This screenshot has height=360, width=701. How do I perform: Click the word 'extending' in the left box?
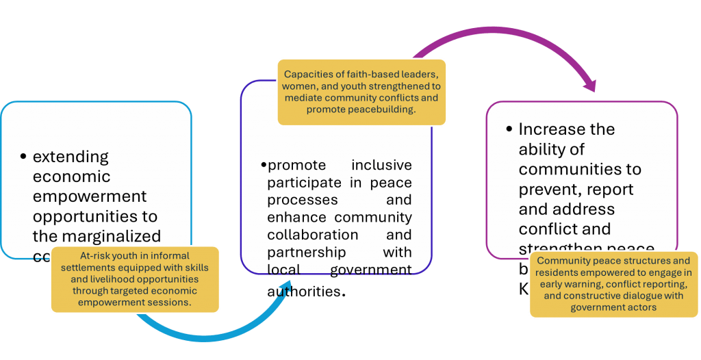71,157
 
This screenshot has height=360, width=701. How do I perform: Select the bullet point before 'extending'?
24,157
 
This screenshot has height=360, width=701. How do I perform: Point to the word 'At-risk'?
96,257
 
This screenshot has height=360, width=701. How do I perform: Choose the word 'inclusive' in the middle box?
381,166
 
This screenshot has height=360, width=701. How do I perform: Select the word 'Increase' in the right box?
557,129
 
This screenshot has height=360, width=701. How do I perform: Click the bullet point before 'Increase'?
509,129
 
